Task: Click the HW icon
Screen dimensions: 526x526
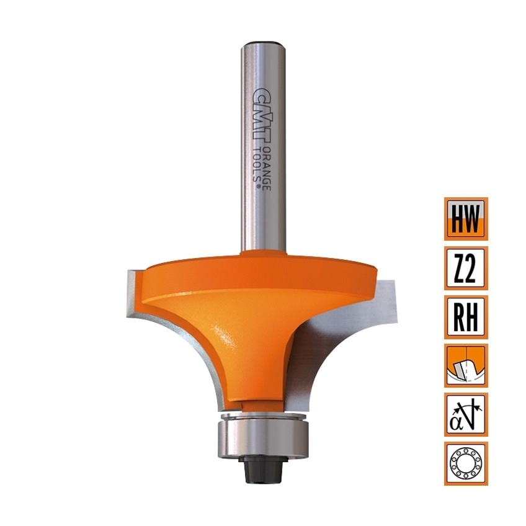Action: (466, 219)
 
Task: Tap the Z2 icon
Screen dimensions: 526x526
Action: (466, 268)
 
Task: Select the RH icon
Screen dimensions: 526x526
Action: (466, 317)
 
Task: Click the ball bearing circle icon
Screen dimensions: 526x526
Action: (466, 463)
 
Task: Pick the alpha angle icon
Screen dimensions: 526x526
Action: (466, 414)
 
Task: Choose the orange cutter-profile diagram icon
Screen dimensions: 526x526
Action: (466, 365)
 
